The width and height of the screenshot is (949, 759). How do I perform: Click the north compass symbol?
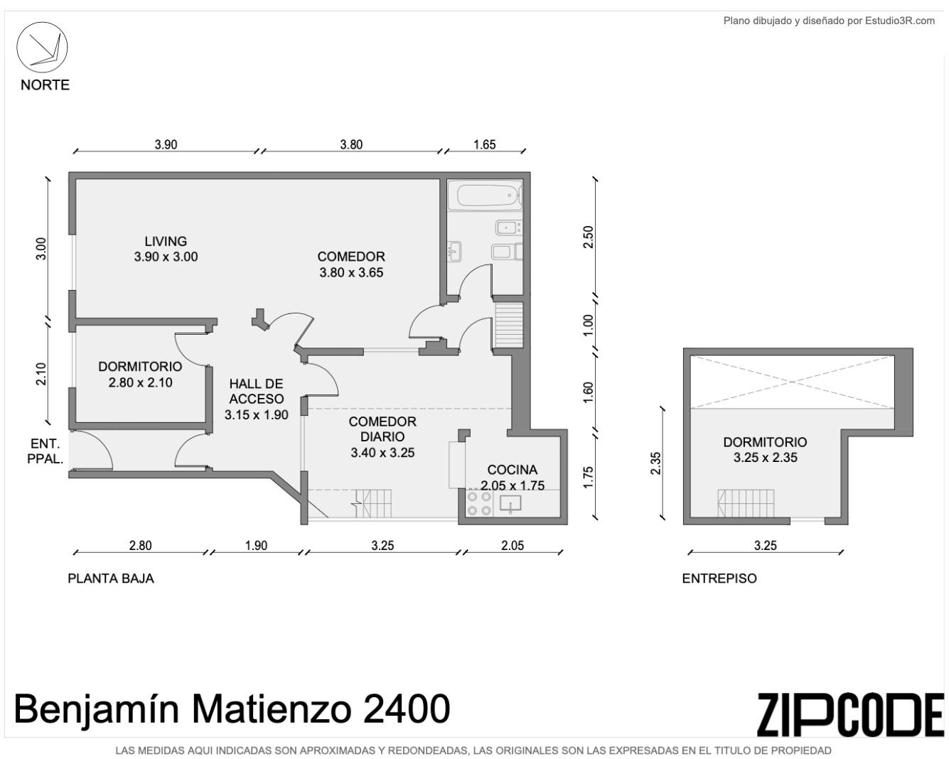(x=42, y=47)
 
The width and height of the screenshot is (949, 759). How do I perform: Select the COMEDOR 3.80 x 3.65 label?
(x=351, y=264)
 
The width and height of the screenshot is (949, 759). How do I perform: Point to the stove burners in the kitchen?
(x=479, y=504)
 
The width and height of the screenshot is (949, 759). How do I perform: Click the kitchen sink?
(x=510, y=504)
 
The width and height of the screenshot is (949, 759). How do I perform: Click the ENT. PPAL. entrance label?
(x=45, y=451)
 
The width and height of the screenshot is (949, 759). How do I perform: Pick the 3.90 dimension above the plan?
(x=166, y=145)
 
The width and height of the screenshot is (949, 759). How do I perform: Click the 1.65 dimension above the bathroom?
(x=485, y=145)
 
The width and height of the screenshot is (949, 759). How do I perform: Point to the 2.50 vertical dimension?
(x=589, y=237)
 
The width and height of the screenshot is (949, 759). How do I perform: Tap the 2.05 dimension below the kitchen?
(x=513, y=546)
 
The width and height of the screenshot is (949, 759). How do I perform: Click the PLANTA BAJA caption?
(x=111, y=578)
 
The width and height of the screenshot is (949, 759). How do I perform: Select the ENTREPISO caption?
(x=719, y=578)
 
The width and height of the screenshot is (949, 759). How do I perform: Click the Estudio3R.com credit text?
(x=829, y=21)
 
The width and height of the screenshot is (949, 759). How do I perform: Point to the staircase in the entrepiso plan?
(x=746, y=503)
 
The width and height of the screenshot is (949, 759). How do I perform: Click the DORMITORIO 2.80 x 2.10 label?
(x=140, y=374)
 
